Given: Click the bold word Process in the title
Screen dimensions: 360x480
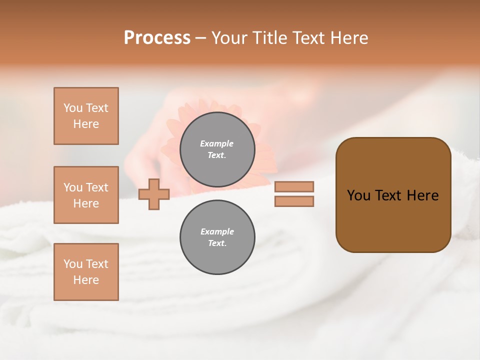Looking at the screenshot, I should [157, 38].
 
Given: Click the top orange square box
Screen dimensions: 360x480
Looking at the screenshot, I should [86, 116].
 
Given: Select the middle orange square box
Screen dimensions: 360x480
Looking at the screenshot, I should [86, 195].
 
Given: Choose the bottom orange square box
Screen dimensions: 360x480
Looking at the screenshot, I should [86, 272].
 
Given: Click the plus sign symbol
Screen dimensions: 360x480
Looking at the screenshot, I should [154, 194].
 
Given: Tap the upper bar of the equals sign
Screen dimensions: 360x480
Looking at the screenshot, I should [294, 186].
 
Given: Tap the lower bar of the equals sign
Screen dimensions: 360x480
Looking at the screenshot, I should [294, 201].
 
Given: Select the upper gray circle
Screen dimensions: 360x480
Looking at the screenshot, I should [217, 149].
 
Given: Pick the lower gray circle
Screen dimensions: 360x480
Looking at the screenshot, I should [217, 237].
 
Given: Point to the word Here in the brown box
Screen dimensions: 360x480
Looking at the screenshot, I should [422, 195].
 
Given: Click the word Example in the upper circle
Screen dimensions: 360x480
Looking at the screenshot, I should [217, 143].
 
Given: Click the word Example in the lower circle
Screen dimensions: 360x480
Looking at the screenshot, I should [217, 231].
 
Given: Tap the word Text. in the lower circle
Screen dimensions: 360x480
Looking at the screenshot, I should [217, 243].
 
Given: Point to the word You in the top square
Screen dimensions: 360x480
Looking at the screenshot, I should [72, 108].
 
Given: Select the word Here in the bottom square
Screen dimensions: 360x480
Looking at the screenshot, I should [86, 280].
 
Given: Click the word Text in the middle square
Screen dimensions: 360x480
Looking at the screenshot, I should [97, 187].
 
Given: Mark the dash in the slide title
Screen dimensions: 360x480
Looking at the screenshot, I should [200, 38].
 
